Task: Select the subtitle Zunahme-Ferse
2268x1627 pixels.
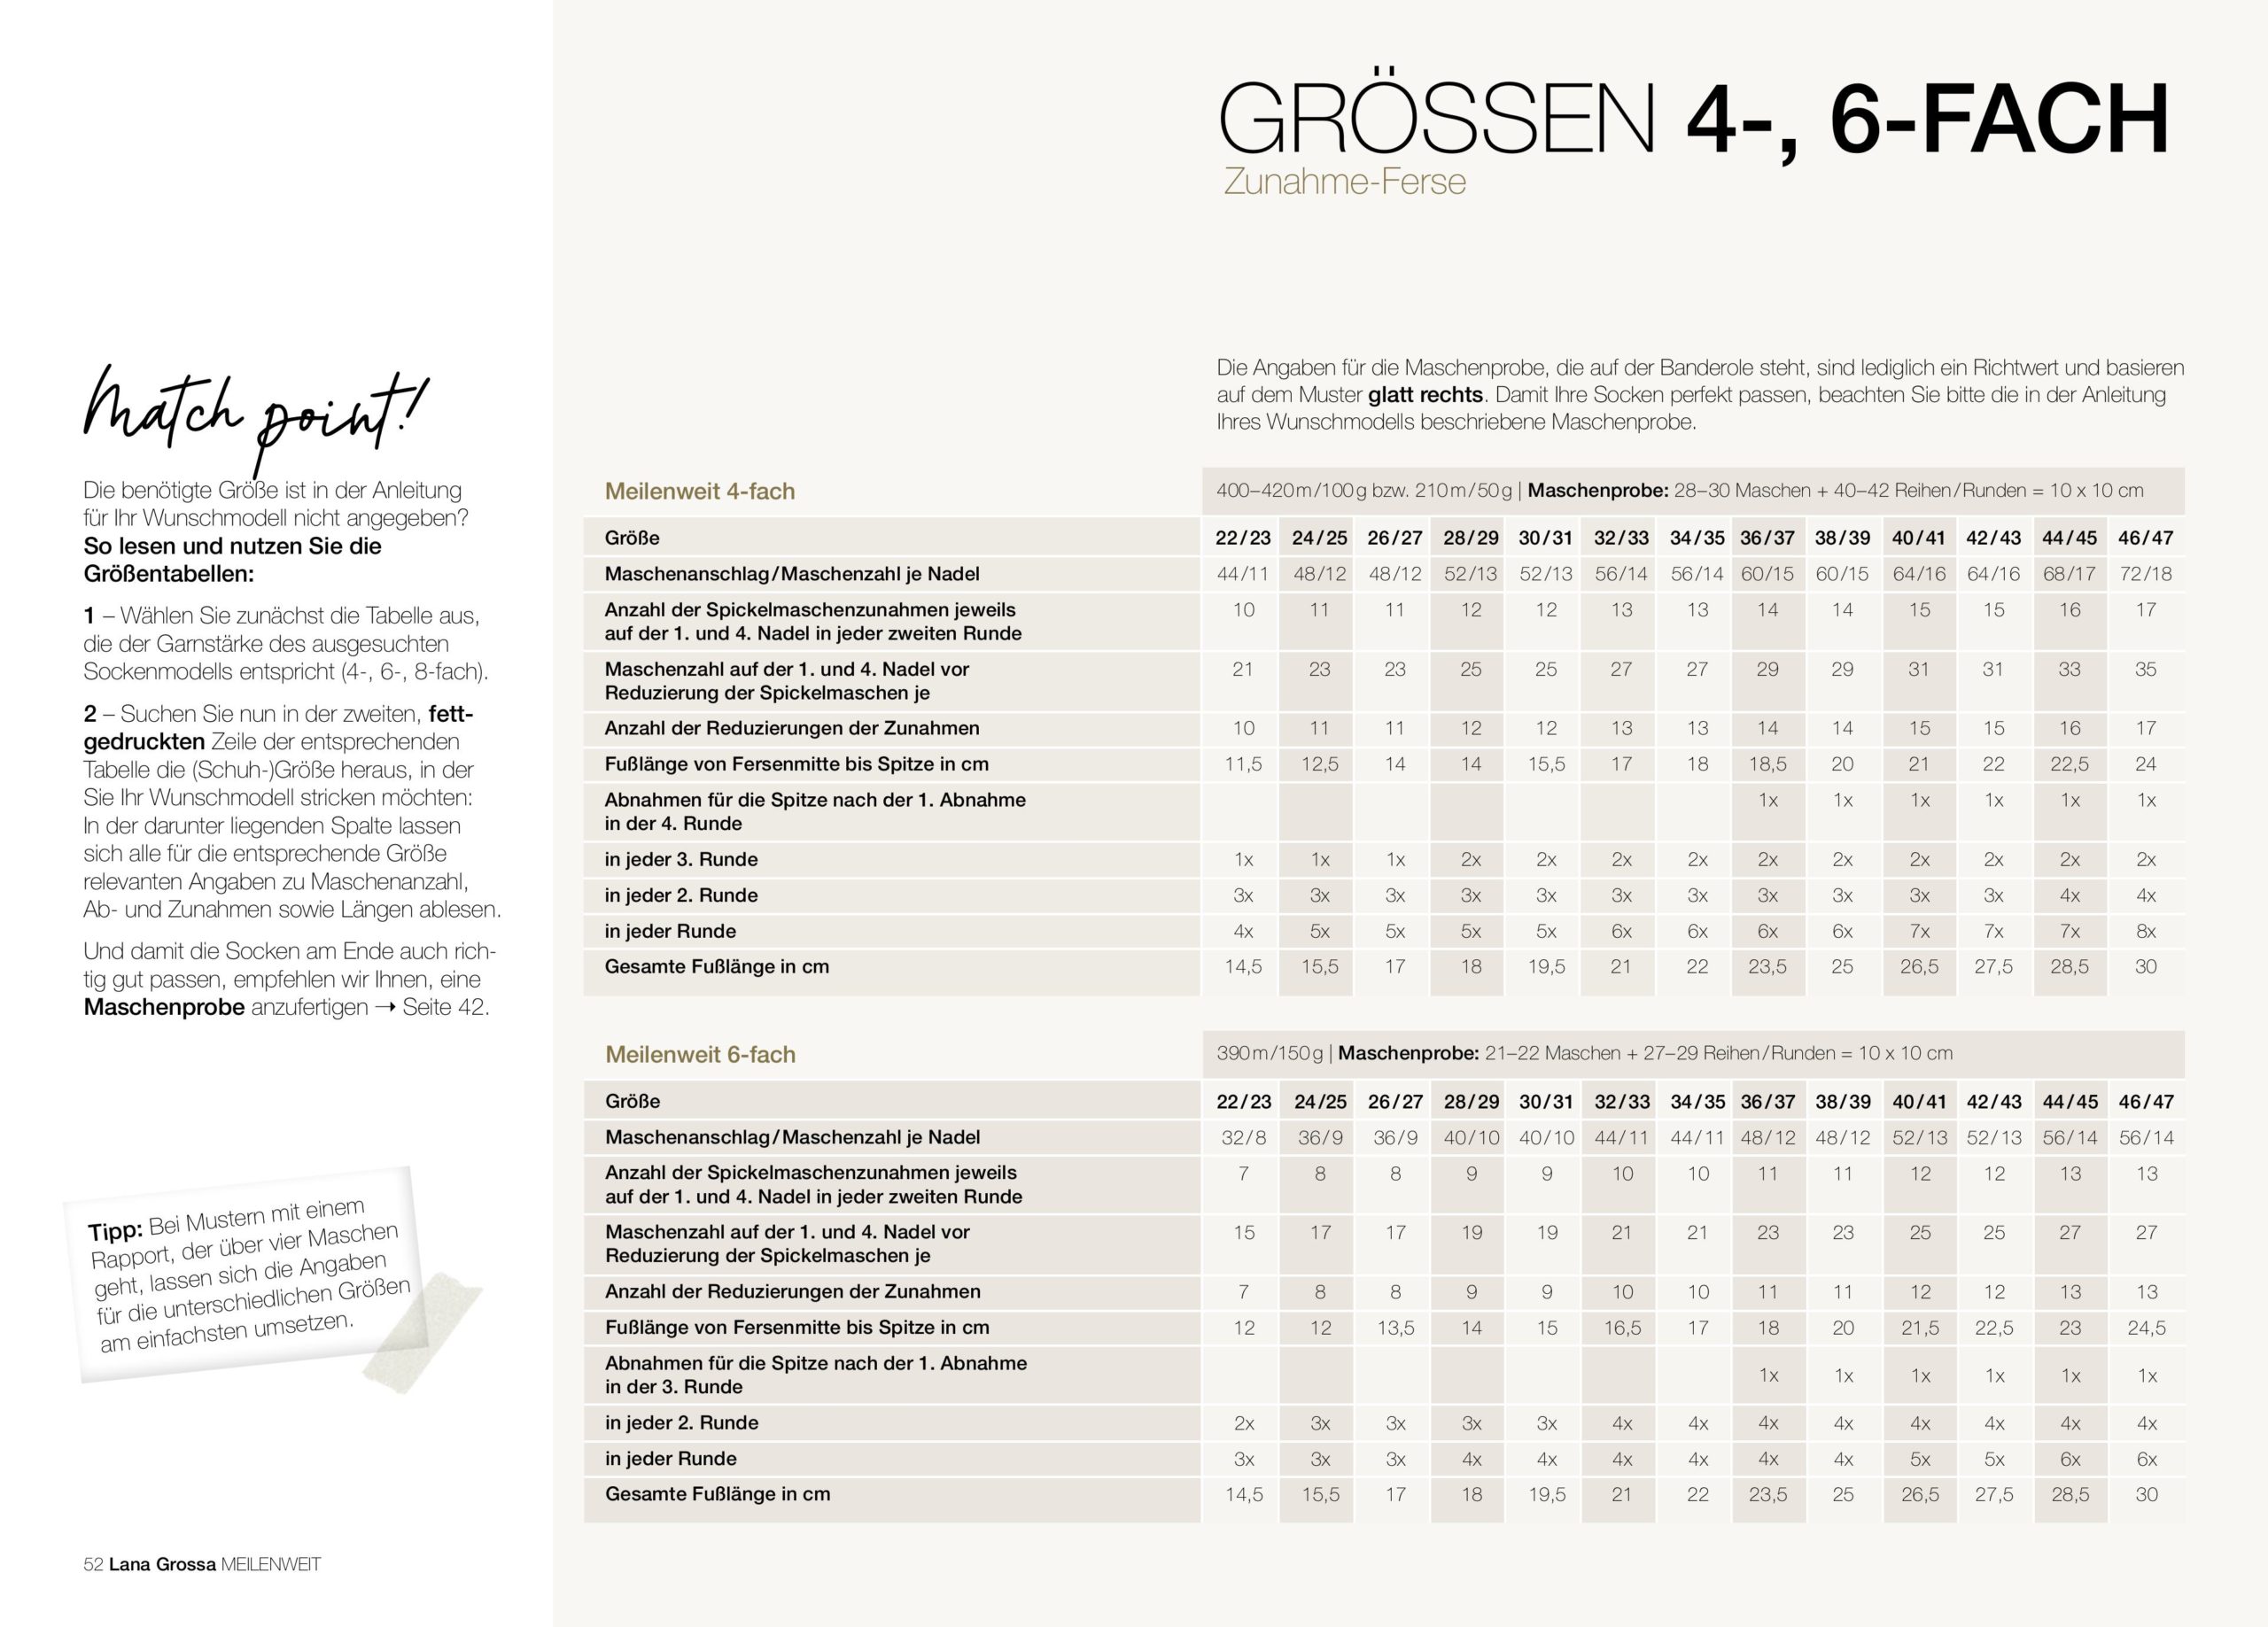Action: click(1344, 182)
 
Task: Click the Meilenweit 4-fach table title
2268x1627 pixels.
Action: click(699, 491)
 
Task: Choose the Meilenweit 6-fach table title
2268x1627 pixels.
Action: click(700, 1054)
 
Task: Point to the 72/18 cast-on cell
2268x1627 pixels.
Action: click(2145, 574)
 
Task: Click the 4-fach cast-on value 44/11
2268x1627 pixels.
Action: click(1242, 574)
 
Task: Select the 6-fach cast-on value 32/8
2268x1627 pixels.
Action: click(1243, 1137)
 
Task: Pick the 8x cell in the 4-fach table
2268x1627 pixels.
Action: click(2146, 931)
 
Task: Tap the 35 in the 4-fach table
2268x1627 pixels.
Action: click(2146, 669)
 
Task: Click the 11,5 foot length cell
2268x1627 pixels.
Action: click(1242, 764)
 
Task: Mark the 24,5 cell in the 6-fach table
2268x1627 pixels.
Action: click(2146, 1328)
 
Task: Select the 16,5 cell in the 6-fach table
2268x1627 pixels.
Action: click(1621, 1328)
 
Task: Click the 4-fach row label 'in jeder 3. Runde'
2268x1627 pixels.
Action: click(681, 859)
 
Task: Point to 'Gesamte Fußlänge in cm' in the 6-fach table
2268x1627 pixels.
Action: click(717, 1494)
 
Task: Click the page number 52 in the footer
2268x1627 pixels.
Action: click(93, 1565)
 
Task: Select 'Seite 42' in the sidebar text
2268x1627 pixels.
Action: click(445, 1007)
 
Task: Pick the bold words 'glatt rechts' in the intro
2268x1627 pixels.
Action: click(1425, 395)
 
